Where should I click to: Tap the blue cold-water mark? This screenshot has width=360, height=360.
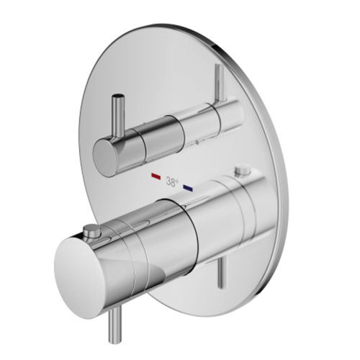pos(189,187)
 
